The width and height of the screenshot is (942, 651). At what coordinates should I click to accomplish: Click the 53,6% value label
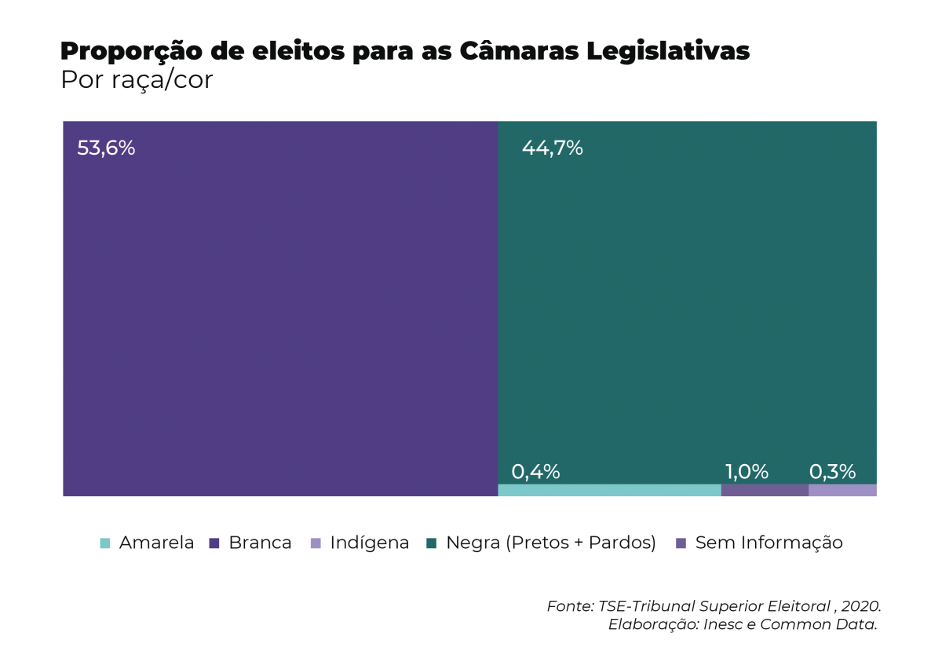tap(106, 148)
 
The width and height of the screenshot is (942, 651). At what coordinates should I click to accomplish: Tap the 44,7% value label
tap(552, 148)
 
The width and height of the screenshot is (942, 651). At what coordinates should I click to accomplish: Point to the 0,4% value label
tap(535, 472)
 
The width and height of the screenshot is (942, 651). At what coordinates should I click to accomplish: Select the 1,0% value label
tap(747, 472)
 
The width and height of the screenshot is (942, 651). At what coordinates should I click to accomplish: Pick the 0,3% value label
tap(832, 472)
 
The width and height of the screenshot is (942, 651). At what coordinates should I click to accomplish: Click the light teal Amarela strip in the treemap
tap(609, 490)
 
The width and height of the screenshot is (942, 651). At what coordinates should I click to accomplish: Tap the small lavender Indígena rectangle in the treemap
tap(842, 490)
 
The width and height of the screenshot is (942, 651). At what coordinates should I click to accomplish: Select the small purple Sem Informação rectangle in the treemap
tap(765, 490)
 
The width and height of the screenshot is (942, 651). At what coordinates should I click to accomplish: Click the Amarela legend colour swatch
tap(105, 543)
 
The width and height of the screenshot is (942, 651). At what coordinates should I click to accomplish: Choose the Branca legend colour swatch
tap(214, 543)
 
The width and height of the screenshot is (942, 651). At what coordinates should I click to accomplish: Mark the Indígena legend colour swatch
tap(316, 543)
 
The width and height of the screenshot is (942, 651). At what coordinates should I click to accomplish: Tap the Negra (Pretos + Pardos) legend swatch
tap(431, 543)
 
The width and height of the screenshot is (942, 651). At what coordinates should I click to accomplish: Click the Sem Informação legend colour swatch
tap(681, 543)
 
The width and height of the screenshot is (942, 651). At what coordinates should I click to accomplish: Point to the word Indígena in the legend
tap(369, 543)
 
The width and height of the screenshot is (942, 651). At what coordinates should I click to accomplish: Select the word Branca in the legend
tap(260, 543)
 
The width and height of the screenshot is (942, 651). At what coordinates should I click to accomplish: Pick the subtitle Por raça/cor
tap(137, 80)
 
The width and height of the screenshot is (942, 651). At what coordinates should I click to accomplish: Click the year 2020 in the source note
tap(860, 607)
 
